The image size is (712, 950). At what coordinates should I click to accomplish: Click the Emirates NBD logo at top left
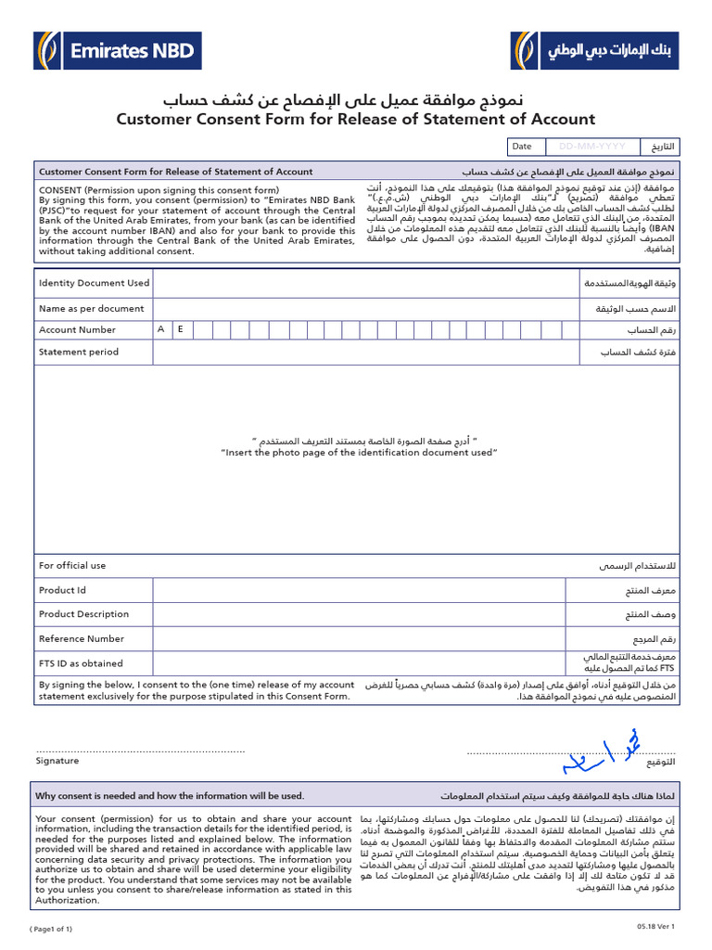point(116,50)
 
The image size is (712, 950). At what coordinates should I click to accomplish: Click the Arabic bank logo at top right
point(595,50)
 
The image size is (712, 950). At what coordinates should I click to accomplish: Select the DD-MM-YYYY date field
point(591,147)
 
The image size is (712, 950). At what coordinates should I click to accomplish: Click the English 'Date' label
point(522,147)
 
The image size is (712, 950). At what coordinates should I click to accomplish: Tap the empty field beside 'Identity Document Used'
point(362,283)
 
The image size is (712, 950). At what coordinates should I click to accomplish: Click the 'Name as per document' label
point(91,308)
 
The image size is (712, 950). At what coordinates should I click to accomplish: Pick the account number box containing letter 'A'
point(161,329)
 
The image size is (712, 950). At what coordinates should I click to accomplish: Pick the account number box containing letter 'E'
point(181,329)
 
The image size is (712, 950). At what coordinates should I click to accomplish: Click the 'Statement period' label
point(79,352)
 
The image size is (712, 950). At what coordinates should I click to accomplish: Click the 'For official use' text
point(72,565)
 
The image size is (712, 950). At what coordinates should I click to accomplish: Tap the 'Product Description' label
point(83,614)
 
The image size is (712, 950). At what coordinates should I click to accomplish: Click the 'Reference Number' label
point(81,638)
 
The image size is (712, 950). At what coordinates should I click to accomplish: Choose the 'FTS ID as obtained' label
point(81,663)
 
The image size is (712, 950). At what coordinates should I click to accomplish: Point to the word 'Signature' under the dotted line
point(57,761)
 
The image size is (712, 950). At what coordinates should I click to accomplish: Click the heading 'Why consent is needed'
point(170,796)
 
